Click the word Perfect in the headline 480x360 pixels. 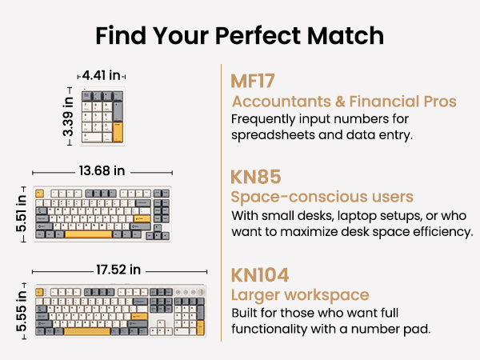pos(259,36)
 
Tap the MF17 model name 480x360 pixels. pos(253,81)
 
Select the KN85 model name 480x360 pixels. pos(256,177)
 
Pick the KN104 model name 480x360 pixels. pos(260,275)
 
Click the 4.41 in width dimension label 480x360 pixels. pos(102,75)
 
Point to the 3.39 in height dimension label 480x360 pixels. pos(68,116)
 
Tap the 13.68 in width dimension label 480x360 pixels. pos(102,171)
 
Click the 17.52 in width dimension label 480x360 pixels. pos(118,270)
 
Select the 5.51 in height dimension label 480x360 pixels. pos(22,214)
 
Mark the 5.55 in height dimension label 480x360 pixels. pos(22,311)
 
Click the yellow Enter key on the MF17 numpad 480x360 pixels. pos(118,132)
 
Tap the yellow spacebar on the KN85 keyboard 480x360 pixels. pos(89,234)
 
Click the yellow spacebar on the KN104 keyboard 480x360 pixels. pos(87,331)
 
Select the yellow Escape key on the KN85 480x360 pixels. pos(39,193)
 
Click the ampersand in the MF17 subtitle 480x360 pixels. pos(340,102)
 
